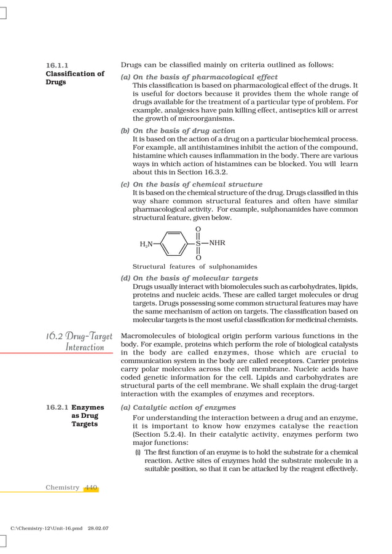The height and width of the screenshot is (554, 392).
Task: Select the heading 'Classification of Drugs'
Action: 75,77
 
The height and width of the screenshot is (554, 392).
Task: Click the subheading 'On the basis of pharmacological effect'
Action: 194,76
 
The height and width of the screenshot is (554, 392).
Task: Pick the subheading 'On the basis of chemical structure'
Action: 197,184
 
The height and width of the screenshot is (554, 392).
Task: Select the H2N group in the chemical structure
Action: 146,244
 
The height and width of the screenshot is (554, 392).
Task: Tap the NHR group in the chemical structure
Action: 217,243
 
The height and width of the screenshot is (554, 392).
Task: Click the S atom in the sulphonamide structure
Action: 198,244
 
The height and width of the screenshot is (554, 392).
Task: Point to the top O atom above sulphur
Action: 198,229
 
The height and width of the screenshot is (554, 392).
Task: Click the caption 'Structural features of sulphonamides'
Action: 195,266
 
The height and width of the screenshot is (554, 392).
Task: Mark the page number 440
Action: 91,487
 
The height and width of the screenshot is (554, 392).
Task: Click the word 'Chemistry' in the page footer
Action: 62,487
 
